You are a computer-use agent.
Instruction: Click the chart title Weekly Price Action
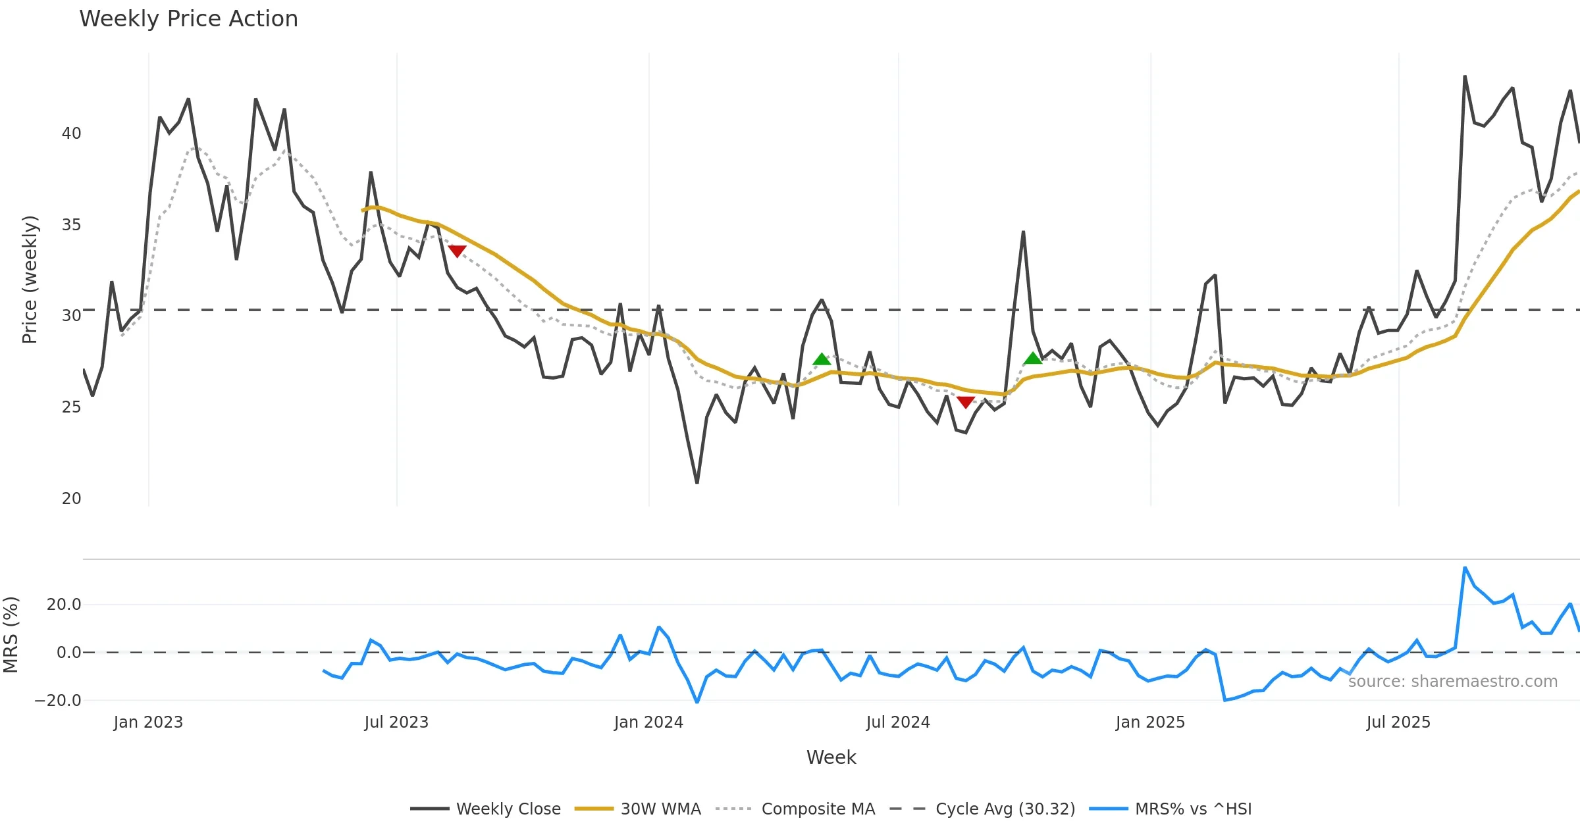(x=188, y=19)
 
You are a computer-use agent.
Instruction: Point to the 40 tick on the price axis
(x=71, y=134)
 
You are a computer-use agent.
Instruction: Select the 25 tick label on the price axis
(x=71, y=407)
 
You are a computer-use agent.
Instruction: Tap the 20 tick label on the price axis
(x=71, y=499)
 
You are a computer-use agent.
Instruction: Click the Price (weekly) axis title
(x=30, y=280)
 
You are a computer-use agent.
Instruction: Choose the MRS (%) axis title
(x=11, y=635)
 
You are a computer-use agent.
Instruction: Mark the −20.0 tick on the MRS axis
(x=58, y=701)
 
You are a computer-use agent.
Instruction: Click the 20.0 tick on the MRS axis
(x=64, y=605)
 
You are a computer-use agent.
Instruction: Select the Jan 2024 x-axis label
(x=648, y=722)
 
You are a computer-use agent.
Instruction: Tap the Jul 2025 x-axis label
(x=1398, y=722)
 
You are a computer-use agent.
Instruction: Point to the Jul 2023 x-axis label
(x=396, y=722)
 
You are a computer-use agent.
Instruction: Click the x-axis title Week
(x=831, y=758)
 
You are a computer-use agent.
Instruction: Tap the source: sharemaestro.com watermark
(x=1452, y=682)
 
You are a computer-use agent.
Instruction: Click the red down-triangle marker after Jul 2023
(x=457, y=251)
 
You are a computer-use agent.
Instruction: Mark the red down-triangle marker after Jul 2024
(x=965, y=403)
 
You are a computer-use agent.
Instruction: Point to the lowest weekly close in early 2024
(x=697, y=484)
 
